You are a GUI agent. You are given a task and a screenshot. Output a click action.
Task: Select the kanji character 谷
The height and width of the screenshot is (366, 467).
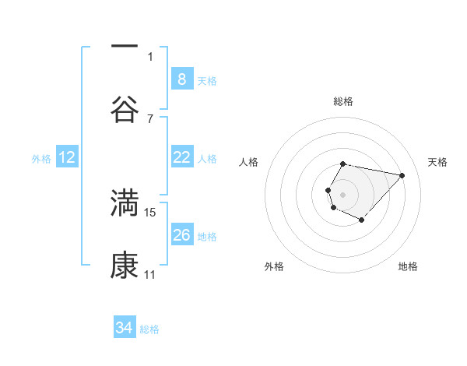click(x=125, y=109)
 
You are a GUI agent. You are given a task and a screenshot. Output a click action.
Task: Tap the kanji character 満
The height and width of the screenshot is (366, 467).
click(x=125, y=202)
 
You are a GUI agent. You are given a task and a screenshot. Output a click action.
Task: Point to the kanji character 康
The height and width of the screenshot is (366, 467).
click(x=125, y=266)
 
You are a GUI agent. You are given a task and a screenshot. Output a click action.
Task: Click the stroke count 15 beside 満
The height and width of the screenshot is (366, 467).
click(x=150, y=212)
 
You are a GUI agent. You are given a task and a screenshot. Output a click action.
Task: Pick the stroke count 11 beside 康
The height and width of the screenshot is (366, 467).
click(x=149, y=275)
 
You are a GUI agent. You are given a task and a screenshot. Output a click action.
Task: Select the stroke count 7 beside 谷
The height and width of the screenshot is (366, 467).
click(x=150, y=118)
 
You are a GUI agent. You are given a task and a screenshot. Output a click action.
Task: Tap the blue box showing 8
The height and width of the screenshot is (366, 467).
click(x=181, y=79)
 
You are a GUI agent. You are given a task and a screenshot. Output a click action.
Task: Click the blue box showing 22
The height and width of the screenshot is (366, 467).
click(x=181, y=157)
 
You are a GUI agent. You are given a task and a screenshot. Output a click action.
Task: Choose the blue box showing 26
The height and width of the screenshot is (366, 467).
click(x=181, y=235)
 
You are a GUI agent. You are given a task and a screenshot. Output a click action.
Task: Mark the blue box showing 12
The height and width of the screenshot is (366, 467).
click(x=67, y=157)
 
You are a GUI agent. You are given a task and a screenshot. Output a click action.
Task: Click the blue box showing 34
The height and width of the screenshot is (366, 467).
click(x=125, y=328)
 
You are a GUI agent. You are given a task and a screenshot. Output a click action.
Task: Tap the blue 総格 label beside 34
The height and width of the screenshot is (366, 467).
click(x=149, y=329)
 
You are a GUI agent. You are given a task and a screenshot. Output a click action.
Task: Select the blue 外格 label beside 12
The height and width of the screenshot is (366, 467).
click(x=41, y=159)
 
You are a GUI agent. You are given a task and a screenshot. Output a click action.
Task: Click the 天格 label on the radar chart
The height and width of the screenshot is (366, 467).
click(x=437, y=162)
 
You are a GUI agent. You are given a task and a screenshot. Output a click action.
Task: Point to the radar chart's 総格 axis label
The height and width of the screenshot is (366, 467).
click(x=343, y=101)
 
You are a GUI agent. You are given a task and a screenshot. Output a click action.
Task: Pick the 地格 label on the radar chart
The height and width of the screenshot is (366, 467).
click(x=408, y=266)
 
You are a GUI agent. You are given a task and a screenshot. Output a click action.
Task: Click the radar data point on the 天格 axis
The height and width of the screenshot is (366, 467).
click(x=402, y=175)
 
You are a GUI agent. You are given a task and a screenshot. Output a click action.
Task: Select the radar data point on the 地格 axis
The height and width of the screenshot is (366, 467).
click(x=362, y=220)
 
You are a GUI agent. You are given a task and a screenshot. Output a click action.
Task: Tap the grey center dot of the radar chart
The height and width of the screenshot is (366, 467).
click(x=342, y=194)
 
